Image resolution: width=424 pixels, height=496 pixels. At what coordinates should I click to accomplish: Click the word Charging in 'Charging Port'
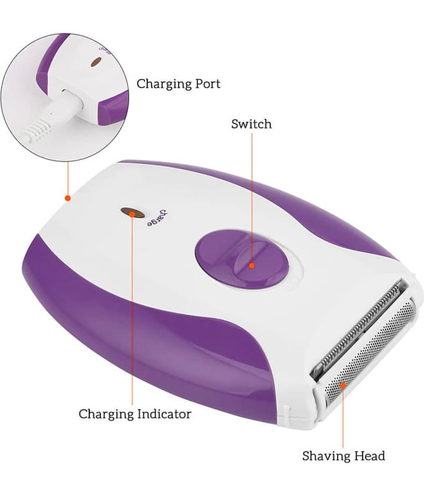click(x=163, y=84)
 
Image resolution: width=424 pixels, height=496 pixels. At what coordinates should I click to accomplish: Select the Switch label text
click(x=251, y=123)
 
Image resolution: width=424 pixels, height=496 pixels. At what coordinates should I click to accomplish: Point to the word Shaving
click(x=325, y=456)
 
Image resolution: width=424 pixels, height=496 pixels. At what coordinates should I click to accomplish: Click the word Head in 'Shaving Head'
click(x=369, y=456)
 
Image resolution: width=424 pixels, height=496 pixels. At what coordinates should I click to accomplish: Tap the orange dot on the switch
click(x=252, y=265)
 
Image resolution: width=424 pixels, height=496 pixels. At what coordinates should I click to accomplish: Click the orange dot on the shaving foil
click(x=342, y=384)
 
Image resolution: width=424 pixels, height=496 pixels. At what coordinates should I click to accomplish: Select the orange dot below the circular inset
click(x=68, y=198)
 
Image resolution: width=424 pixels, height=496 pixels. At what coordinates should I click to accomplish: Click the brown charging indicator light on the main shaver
click(x=133, y=213)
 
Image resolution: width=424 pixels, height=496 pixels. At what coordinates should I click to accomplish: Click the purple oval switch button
click(x=242, y=259)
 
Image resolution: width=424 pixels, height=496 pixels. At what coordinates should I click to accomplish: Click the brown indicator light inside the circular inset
click(x=96, y=63)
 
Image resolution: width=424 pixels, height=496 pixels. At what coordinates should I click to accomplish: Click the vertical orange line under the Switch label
click(x=252, y=198)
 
